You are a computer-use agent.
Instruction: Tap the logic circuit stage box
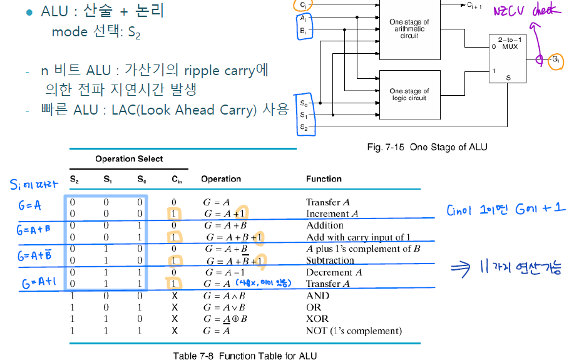pos(409,95)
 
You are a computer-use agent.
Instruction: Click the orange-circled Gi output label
pos(555,60)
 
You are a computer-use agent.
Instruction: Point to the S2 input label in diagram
pos(304,127)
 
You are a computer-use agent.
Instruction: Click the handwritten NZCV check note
pos(528,11)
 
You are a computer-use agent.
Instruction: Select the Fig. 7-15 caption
pos(426,147)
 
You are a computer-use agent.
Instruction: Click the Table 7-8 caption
pos(245,356)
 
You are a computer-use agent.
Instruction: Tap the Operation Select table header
pos(129,159)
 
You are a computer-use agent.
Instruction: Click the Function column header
pos(324,179)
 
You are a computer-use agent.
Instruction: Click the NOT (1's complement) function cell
pos(354,331)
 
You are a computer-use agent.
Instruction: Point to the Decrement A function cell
pos(334,272)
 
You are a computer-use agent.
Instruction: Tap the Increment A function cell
pos(332,213)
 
